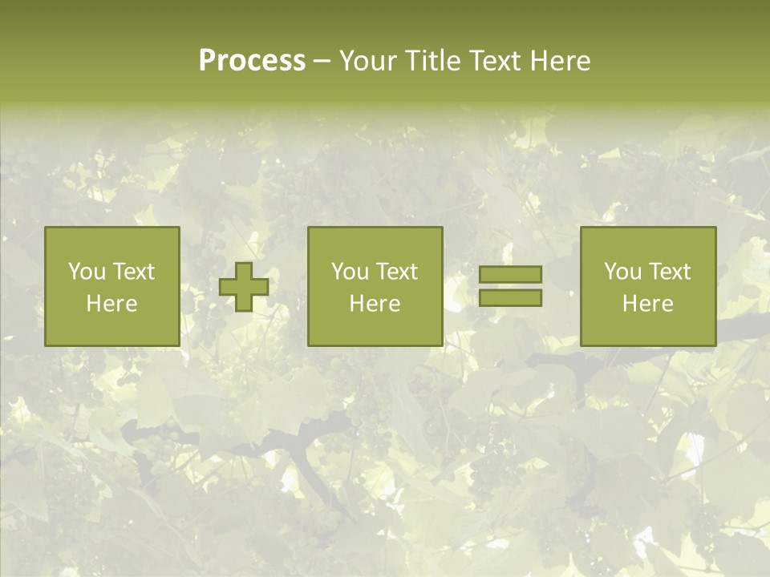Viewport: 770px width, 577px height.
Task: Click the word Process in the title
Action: click(252, 61)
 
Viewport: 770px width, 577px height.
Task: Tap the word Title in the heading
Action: click(434, 61)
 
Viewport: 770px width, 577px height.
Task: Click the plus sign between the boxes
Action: click(244, 286)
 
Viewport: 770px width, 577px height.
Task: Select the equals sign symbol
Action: click(510, 286)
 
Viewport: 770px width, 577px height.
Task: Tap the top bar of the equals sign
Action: click(510, 274)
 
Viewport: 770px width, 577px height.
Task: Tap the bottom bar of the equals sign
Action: click(510, 298)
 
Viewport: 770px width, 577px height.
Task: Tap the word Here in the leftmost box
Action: click(112, 304)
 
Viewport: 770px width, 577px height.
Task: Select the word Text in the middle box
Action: click(397, 272)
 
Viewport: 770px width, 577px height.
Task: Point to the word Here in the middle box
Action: click(375, 304)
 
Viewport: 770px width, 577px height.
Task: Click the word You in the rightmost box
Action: click(622, 272)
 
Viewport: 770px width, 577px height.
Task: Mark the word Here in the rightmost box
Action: click(648, 304)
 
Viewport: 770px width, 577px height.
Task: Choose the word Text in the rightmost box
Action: click(670, 272)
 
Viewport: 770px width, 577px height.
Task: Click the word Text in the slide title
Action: click(494, 61)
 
